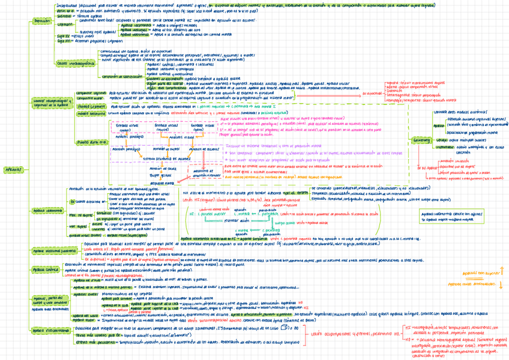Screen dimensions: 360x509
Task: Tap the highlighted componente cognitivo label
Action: [91, 94]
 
